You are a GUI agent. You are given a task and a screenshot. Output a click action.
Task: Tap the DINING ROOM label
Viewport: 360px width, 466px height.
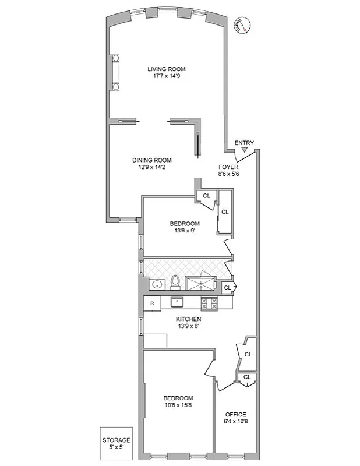pos(151,160)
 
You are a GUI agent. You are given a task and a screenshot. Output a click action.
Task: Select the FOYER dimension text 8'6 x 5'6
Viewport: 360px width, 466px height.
pos(228,174)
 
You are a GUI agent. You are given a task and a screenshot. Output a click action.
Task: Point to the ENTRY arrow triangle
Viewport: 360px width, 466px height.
pos(245,150)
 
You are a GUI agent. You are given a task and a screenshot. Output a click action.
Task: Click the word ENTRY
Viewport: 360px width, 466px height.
pos(244,143)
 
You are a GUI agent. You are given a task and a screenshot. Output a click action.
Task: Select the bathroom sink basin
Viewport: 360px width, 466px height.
pos(156,285)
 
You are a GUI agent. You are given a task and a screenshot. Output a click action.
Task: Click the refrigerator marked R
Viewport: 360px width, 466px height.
pos(152,303)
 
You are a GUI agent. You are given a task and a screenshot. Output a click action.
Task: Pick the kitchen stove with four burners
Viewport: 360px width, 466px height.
pos(209,303)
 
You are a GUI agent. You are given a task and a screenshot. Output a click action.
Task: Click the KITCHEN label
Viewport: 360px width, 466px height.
pos(189,320)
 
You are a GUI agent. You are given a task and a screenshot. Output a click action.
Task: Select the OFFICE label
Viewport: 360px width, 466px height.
pos(235,414)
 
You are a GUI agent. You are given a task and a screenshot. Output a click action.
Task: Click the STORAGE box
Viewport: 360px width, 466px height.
pos(117,443)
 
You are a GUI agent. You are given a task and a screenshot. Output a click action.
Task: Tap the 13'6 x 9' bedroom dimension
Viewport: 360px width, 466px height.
pos(185,231)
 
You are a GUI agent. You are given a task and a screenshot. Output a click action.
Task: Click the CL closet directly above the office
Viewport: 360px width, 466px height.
pos(247,377)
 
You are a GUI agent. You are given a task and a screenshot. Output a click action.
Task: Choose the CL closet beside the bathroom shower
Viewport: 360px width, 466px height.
pos(228,287)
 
